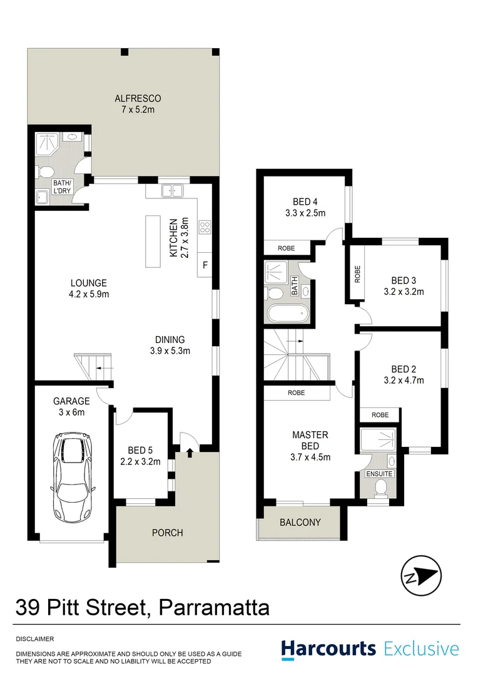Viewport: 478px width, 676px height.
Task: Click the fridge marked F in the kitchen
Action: tap(205, 265)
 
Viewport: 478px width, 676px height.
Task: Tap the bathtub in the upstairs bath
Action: tap(287, 312)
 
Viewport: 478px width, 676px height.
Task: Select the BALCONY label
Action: tap(300, 523)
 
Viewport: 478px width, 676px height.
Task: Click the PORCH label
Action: tap(168, 533)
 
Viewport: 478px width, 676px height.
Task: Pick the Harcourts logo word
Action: tap(328, 648)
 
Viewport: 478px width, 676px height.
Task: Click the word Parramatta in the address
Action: tap(214, 607)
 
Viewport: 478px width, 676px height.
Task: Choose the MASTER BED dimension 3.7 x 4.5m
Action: tap(310, 457)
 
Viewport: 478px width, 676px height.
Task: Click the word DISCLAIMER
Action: tap(35, 639)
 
